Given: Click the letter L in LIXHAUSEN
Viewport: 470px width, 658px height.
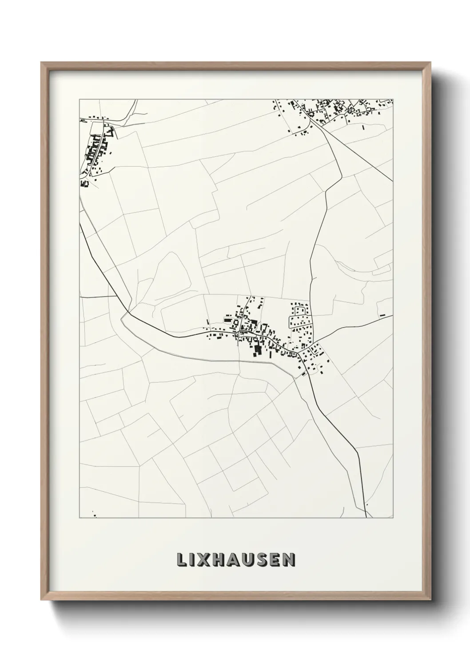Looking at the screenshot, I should (183, 560).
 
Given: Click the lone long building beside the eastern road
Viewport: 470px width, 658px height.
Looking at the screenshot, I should (382, 315).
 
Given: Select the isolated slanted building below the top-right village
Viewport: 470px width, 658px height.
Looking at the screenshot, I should (363, 127).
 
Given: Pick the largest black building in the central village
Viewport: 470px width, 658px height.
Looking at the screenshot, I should (257, 351).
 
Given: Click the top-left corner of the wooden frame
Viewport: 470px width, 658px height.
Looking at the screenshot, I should (41, 63).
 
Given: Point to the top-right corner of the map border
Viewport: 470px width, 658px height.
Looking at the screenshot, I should (393, 100).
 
